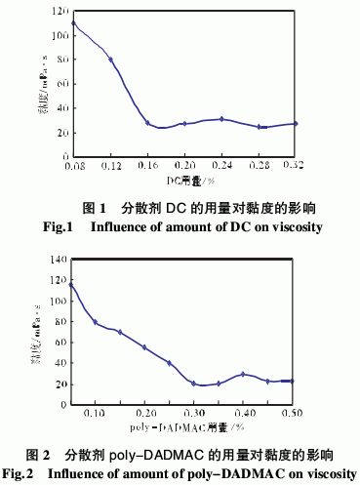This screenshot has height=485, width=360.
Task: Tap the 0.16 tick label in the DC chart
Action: (148, 167)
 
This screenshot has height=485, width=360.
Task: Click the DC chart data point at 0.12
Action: (110, 60)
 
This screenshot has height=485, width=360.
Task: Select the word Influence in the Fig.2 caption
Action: (88, 474)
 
